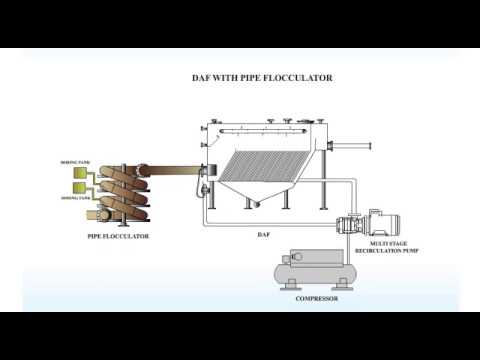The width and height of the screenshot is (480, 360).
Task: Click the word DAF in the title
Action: pos(204,77)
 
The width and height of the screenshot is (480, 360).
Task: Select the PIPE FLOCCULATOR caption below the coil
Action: pos(117,236)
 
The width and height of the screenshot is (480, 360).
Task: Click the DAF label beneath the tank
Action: pos(263,234)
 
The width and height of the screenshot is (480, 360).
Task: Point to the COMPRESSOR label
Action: pos(316,298)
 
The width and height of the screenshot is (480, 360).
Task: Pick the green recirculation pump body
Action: pos(351,225)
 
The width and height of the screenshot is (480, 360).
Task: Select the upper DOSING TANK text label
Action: pos(73,161)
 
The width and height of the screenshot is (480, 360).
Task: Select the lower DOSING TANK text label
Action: pos(73,198)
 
